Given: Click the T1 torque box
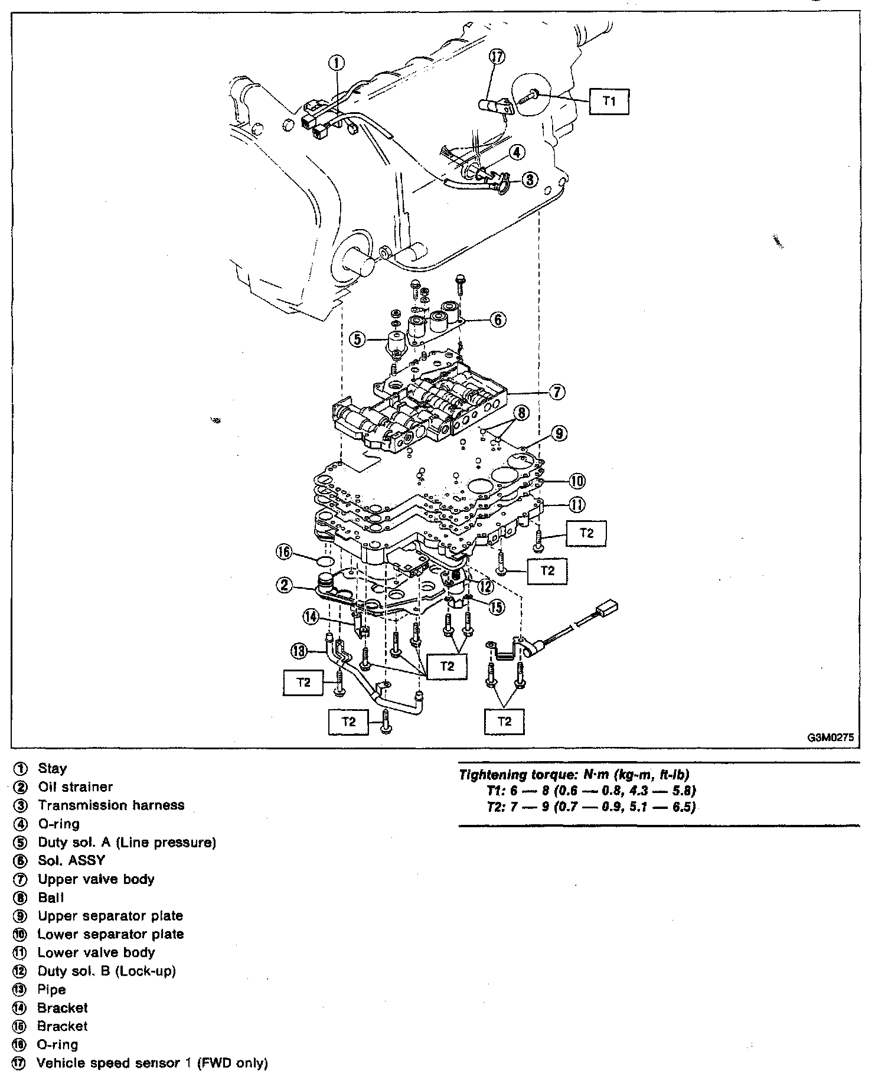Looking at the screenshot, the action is pos(609,101).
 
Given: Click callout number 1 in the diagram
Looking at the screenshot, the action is pos(336,63).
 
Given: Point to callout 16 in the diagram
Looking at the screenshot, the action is pos(285,552).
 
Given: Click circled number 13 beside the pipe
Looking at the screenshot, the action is pos(299,651).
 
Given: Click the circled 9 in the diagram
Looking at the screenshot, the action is pos(559,434).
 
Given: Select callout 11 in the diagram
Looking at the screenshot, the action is pos(577,504).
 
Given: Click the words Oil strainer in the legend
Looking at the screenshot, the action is pos(75,787).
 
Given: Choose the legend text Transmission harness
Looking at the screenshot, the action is pos(111,805).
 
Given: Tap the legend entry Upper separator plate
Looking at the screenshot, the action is pos(110,916).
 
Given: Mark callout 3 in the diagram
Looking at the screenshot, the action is pos(530,179).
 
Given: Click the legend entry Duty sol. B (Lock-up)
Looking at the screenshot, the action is pos(107,971).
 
